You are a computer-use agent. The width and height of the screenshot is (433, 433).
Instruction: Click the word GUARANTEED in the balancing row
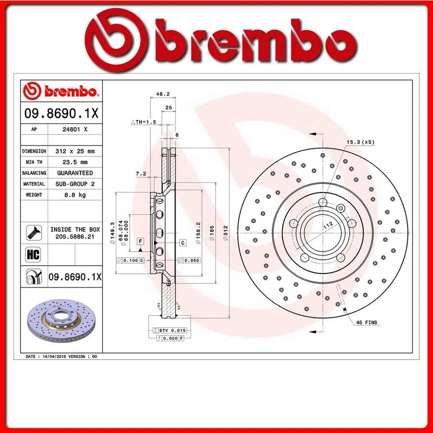75,173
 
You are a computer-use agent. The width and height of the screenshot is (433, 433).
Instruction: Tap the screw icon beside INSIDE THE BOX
31,233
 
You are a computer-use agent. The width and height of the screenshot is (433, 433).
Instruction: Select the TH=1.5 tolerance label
144,122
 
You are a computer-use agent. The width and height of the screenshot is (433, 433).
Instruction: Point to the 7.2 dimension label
141,174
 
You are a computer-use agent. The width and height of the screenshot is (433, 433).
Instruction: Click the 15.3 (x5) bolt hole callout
360,142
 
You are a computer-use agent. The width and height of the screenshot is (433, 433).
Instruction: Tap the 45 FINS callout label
366,323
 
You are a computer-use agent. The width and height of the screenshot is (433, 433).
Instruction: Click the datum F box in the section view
140,240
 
